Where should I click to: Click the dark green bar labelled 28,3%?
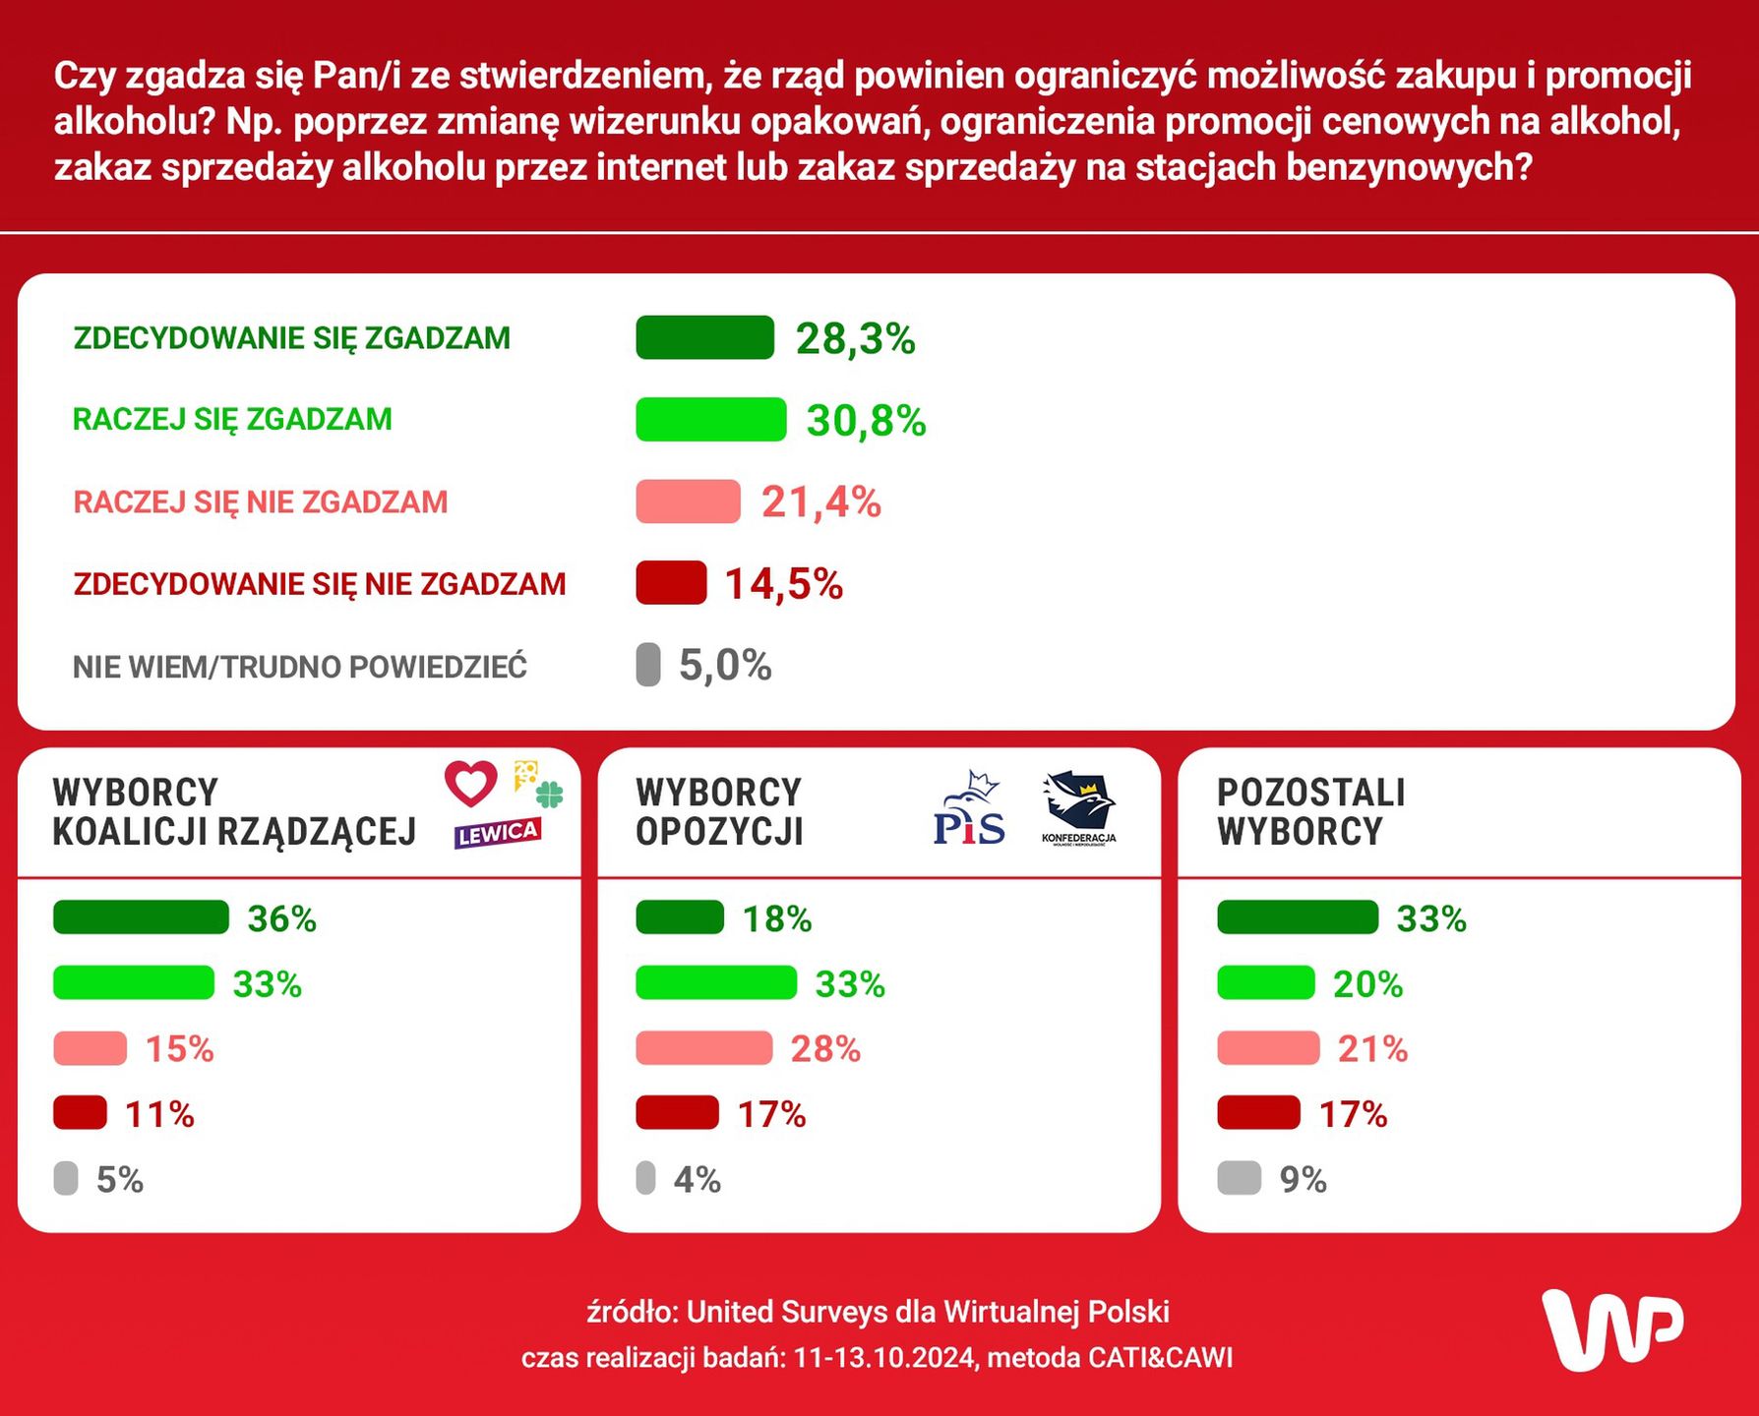704,337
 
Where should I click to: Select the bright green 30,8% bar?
710,419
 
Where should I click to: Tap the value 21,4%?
820,502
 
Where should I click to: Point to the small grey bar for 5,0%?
648,665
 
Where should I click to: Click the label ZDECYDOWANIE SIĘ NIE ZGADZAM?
320,584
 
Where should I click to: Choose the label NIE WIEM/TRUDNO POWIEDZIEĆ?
300,667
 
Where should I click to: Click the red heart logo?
471,783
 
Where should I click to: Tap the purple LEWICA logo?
498,833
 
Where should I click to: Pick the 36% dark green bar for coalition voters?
141,917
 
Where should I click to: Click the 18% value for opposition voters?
776,919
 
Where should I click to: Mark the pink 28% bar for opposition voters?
703,1048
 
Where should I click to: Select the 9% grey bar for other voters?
1239,1178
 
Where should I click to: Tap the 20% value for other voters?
1367,984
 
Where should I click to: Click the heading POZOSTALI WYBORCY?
1310,811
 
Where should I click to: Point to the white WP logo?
1611,1329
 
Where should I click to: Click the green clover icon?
549,794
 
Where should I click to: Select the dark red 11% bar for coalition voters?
80,1113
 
